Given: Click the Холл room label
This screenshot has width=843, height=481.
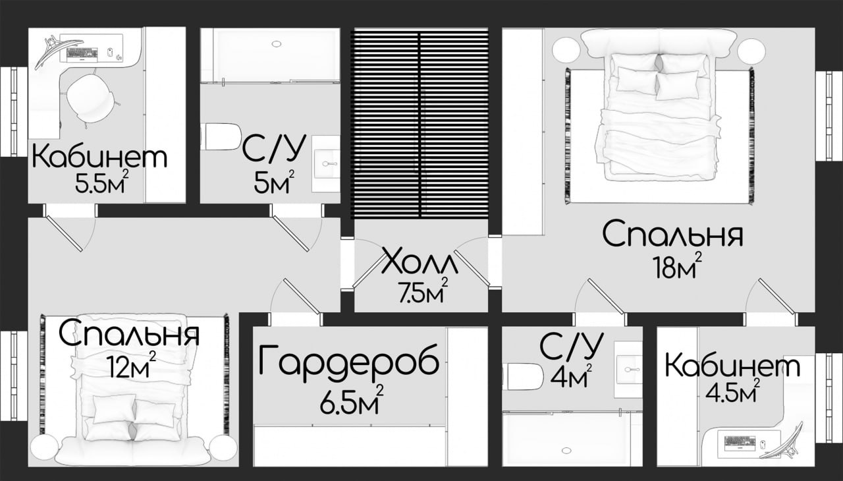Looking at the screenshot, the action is (x=420, y=261).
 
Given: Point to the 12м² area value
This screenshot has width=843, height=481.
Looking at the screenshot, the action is (x=132, y=364).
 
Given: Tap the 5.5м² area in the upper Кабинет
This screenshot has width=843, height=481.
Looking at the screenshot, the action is (x=101, y=181).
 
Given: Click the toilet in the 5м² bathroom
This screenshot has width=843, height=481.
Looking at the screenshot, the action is (x=222, y=136).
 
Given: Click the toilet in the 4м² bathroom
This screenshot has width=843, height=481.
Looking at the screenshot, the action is (x=524, y=377).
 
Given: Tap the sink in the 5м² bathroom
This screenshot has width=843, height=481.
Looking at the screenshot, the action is (x=326, y=164).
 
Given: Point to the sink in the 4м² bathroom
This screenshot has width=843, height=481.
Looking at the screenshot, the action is (x=628, y=370).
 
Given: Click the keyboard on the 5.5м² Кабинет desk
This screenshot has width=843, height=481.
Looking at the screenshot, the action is (x=82, y=55).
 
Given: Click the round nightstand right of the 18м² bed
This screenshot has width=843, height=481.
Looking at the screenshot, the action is (x=751, y=52).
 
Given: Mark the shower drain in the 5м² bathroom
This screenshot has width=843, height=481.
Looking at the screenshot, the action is (x=277, y=44).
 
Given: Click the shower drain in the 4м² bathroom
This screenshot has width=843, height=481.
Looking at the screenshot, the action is (x=566, y=451).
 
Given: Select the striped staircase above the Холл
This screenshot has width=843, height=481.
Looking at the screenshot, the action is (x=420, y=123).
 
